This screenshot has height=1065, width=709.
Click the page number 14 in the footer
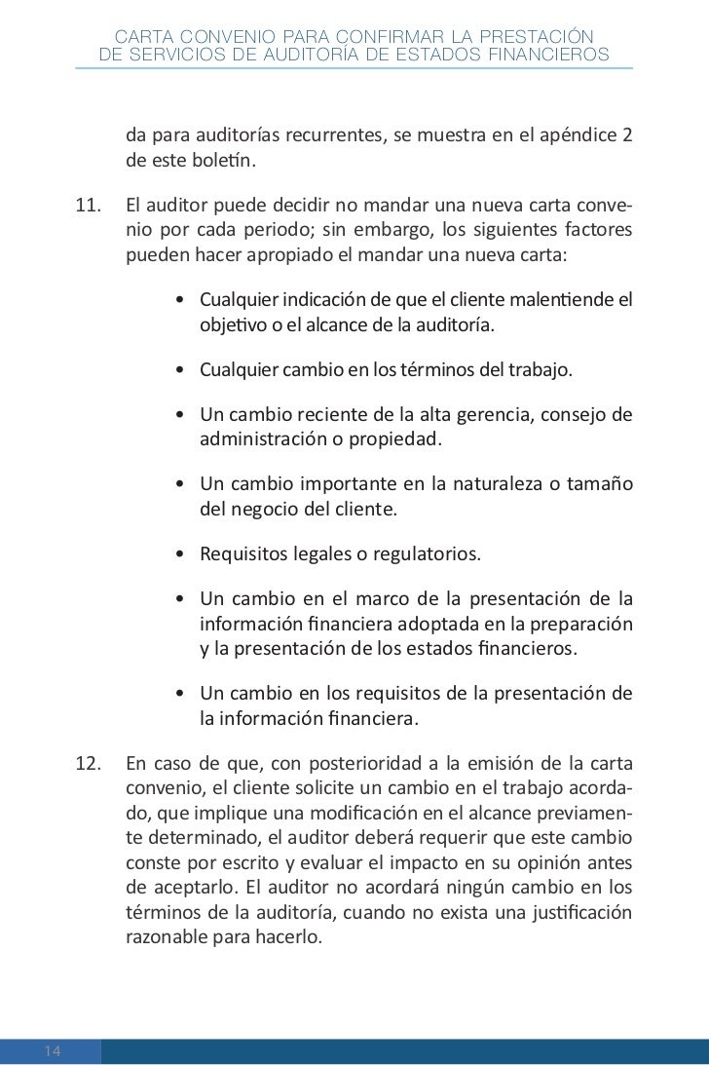tap(53, 1050)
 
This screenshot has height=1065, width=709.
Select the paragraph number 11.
tap(90, 209)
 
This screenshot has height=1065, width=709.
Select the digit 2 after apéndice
tap(625, 135)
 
